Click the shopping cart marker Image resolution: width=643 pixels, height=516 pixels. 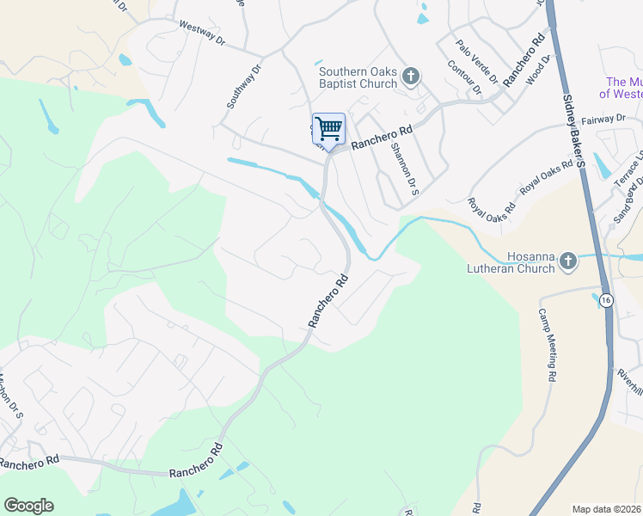[x=328, y=130]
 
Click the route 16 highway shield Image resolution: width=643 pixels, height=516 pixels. [x=607, y=299]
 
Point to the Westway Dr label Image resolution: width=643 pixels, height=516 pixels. [x=200, y=34]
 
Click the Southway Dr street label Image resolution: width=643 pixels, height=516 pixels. [x=243, y=87]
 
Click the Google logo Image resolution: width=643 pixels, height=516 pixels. [x=28, y=506]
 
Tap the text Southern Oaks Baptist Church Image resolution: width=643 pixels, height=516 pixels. [x=357, y=77]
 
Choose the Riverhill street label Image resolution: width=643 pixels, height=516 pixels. [x=630, y=382]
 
